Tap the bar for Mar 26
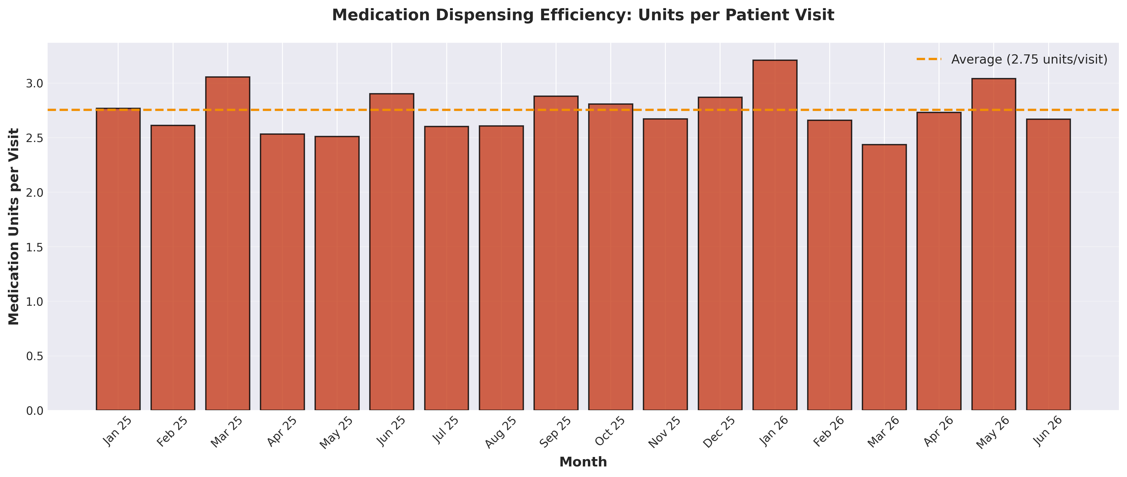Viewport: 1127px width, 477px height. click(884, 277)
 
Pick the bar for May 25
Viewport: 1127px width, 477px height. click(337, 273)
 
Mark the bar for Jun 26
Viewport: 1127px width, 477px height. click(1048, 265)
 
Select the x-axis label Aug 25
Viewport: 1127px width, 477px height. click(501, 432)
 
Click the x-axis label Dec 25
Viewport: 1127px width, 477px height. click(720, 432)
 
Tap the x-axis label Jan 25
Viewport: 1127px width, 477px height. click(117, 432)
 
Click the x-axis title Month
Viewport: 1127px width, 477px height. click(583, 462)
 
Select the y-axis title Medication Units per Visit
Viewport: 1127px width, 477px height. click(14, 226)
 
